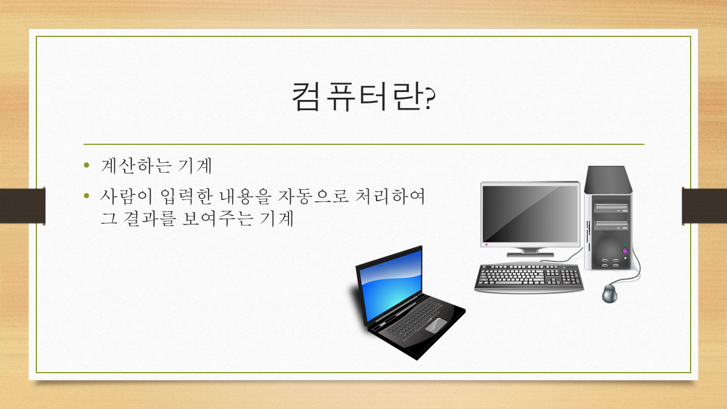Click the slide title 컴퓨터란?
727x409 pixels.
[x=363, y=97]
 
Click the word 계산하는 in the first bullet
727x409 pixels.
[x=136, y=165]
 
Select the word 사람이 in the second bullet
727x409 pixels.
[x=126, y=197]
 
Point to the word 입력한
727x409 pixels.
[x=187, y=197]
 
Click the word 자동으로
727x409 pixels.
[x=313, y=197]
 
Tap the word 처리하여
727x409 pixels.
[x=390, y=197]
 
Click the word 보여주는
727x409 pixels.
[x=217, y=218]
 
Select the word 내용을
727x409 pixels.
[x=245, y=197]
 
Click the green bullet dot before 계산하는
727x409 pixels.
[x=86, y=165]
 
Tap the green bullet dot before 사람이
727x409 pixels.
[x=86, y=195]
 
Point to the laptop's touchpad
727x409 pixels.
[x=436, y=325]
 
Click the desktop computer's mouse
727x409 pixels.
[x=609, y=294]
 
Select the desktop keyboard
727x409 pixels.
[x=529, y=278]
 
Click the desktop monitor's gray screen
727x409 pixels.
[x=530, y=214]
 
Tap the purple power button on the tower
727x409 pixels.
[x=625, y=251]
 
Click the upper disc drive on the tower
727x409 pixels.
[x=611, y=208]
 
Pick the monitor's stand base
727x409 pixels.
[x=530, y=254]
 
